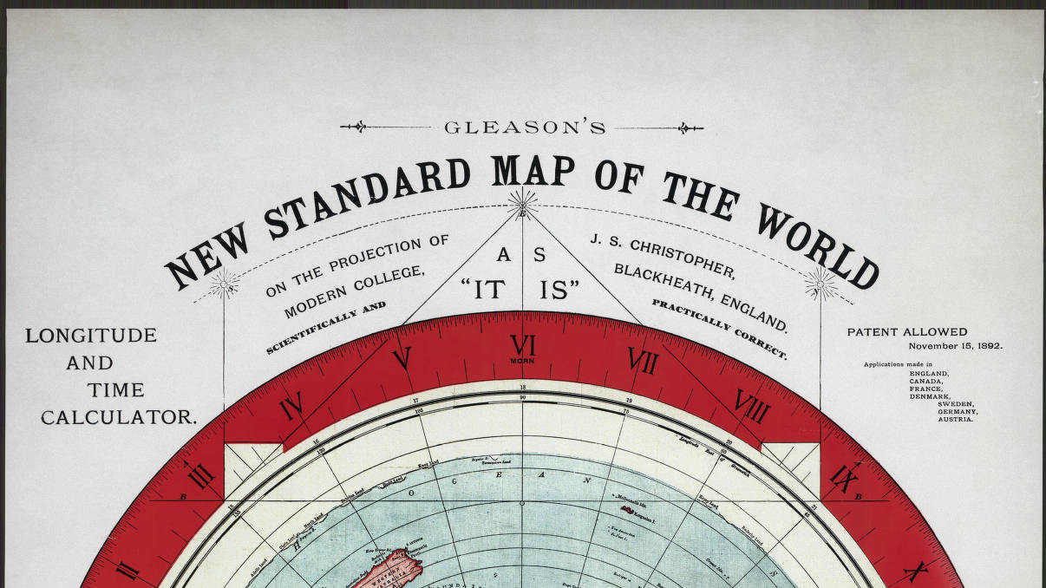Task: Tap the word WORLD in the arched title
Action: pyautogui.click(x=816, y=238)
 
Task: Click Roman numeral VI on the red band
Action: pyautogui.click(x=522, y=346)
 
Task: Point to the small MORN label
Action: pyautogui.click(x=522, y=361)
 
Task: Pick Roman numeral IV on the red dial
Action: pyautogui.click(x=291, y=405)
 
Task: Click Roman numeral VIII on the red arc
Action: pyautogui.click(x=751, y=405)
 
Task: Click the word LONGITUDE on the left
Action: pyautogui.click(x=91, y=336)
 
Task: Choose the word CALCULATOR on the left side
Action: pyautogui.click(x=119, y=417)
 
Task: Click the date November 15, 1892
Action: pyautogui.click(x=955, y=346)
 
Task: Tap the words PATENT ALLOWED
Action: pyautogui.click(x=906, y=332)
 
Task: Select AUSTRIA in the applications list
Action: pyautogui.click(x=955, y=420)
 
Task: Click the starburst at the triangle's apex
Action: pyautogui.click(x=522, y=206)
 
